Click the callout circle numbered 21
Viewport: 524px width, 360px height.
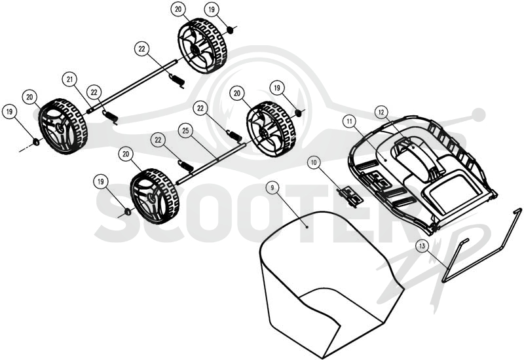[69, 79]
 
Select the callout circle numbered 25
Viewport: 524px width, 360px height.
[185, 131]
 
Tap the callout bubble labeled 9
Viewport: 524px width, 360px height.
[272, 188]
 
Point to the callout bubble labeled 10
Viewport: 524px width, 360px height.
[314, 162]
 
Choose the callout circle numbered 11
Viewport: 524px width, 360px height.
[350, 121]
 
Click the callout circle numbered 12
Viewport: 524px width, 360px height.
[381, 113]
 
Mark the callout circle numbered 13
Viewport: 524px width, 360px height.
[422, 246]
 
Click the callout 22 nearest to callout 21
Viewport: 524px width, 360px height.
[94, 92]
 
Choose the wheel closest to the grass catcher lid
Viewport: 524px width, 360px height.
[271, 130]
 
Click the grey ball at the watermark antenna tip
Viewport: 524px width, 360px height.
[479, 114]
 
